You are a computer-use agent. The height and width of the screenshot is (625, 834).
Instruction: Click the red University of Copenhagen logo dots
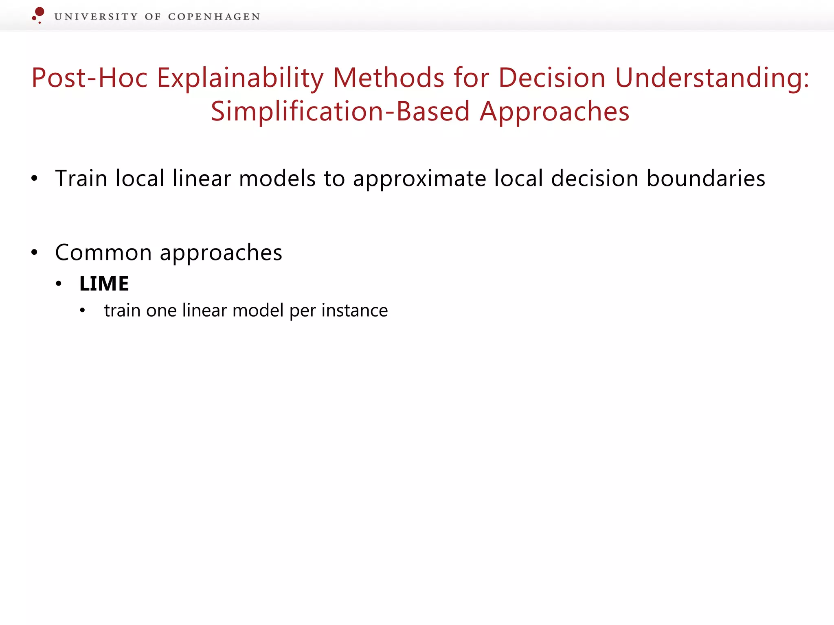[x=38, y=15]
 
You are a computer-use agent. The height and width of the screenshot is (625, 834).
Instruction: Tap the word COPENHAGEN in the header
[x=214, y=17]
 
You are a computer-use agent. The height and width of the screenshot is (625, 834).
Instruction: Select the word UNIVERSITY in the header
[x=96, y=17]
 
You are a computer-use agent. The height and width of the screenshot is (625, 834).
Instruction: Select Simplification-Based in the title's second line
[x=340, y=111]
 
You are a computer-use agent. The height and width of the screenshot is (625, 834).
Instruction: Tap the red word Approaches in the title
[x=555, y=111]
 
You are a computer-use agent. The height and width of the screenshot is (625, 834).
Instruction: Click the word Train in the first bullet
[x=81, y=178]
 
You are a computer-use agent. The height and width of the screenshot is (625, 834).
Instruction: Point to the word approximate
[x=419, y=179]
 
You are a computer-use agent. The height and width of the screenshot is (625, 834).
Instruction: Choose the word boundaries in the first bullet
[x=706, y=178]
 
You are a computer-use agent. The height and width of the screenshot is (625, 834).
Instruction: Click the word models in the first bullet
[x=277, y=178]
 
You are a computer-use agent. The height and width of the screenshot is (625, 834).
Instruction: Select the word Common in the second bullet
[x=103, y=252]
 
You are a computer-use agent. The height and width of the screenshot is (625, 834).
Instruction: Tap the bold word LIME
[x=104, y=284]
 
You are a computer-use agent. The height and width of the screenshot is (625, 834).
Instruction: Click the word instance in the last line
[x=354, y=310]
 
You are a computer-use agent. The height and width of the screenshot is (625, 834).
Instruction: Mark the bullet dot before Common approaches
[x=35, y=253]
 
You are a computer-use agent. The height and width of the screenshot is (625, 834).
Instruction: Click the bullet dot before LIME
[x=59, y=284]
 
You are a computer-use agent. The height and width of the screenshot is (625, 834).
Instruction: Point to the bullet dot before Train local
[x=35, y=179]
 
